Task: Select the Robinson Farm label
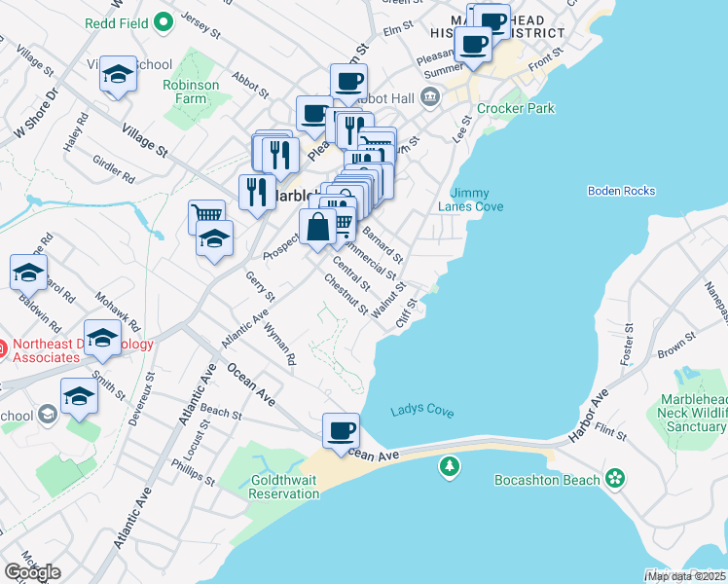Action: tap(198, 91)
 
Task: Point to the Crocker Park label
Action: tap(515, 108)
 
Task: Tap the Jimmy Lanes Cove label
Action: tap(477, 199)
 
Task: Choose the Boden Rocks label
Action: tap(622, 191)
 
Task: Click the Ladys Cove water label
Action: tap(422, 411)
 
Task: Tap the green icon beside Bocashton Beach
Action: tap(614, 478)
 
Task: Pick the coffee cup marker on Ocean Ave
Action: tap(341, 430)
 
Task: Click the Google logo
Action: tap(31, 572)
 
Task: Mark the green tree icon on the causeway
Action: tap(449, 468)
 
